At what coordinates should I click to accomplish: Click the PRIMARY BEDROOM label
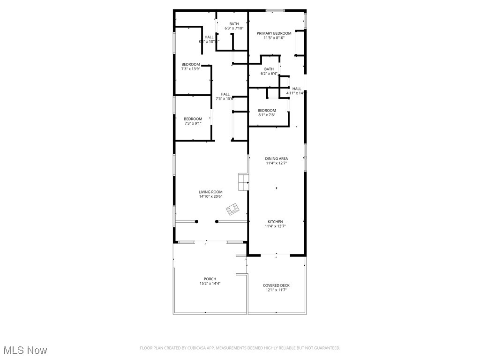point(274,33)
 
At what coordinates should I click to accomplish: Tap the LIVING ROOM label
point(210,192)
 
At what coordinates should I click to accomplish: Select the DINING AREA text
point(276,158)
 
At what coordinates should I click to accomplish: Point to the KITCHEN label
point(275,222)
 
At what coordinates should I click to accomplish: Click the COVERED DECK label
point(276,285)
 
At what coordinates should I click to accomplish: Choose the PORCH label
point(210,279)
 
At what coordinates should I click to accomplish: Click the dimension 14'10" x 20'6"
point(210,197)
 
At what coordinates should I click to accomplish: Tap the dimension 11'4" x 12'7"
point(276,163)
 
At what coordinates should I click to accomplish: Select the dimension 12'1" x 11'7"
point(276,290)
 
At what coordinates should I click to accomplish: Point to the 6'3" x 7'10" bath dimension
point(234,29)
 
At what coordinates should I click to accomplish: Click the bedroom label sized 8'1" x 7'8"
point(267,111)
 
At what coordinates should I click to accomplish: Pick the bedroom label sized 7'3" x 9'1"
point(193,119)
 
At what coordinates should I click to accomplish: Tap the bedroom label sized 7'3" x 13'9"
point(191,64)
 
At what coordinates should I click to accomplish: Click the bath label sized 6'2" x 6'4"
point(269,69)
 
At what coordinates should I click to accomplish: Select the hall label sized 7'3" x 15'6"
point(225,94)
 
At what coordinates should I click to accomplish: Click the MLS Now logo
point(25,350)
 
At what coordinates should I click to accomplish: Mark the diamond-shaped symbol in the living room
point(232,208)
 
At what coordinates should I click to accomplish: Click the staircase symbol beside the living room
point(244,182)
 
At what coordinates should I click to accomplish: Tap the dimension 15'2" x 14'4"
point(210,284)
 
